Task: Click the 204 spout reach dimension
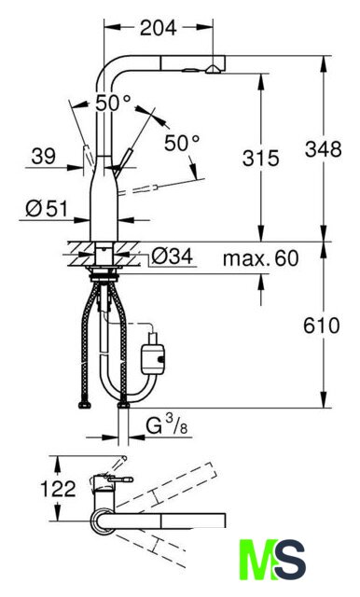pos(158,27)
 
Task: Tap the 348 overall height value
pos(323,149)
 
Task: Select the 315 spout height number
pos(261,158)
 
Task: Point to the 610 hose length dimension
pos(321,326)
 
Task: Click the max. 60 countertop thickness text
pos(260,258)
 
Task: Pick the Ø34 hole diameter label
pos(172,257)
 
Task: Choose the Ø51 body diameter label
pos(47,209)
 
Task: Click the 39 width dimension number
pos(44,156)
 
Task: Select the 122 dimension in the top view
pos(58,489)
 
